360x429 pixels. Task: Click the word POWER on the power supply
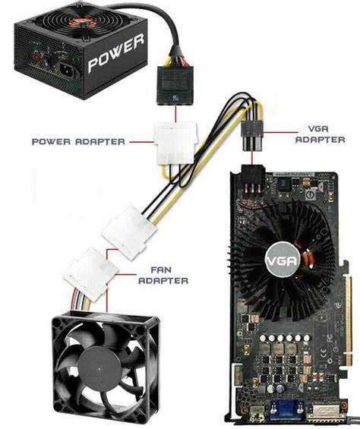point(116,54)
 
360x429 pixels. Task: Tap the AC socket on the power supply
point(67,71)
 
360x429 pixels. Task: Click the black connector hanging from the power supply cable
point(175,86)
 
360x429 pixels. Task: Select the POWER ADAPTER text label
point(78,142)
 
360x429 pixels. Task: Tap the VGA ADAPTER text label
point(320,134)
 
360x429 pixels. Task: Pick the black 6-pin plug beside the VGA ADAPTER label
point(252,136)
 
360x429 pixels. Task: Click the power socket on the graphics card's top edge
point(253,178)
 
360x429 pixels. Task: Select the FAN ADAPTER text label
point(163,276)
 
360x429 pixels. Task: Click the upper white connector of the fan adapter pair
point(128,232)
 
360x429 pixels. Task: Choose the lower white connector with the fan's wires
point(90,274)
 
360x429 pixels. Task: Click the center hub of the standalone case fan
point(99,368)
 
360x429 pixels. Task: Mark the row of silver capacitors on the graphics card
point(285,338)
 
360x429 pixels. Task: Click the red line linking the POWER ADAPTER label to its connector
point(142,142)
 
